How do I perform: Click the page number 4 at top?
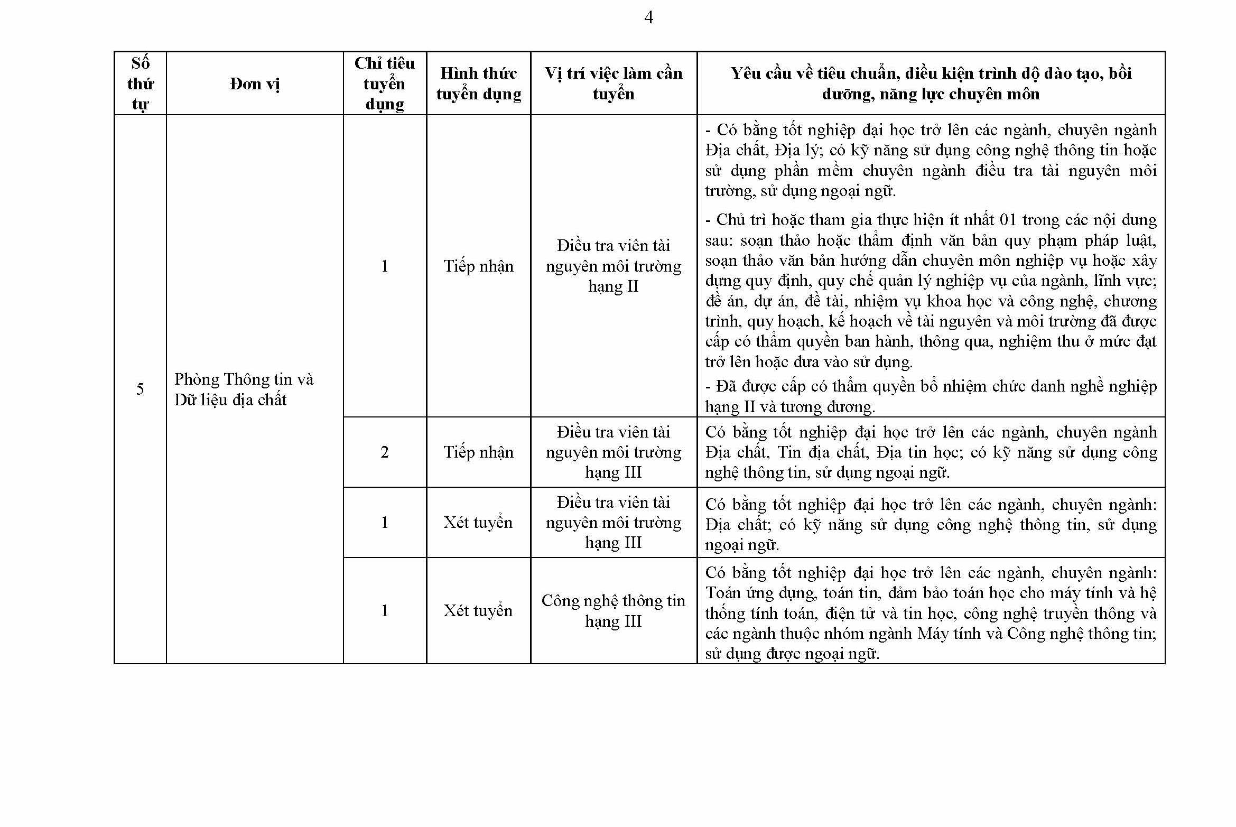coord(648,18)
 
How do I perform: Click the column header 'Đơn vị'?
coord(255,83)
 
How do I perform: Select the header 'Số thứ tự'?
coord(140,83)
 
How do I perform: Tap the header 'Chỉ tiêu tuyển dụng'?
coord(384,83)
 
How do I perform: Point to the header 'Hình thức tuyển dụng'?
coord(478,83)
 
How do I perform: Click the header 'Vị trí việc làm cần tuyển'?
coord(613,83)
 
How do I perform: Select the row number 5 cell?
coord(140,389)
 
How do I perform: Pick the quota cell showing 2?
coord(384,452)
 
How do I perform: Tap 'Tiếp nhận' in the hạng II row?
coord(478,266)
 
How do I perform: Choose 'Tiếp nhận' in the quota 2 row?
coord(478,452)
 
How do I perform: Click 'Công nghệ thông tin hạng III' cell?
coord(613,610)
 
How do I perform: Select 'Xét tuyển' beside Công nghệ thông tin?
coord(478,610)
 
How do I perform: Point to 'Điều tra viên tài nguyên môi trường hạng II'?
coord(613,266)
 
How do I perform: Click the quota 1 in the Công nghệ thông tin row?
coord(384,610)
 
